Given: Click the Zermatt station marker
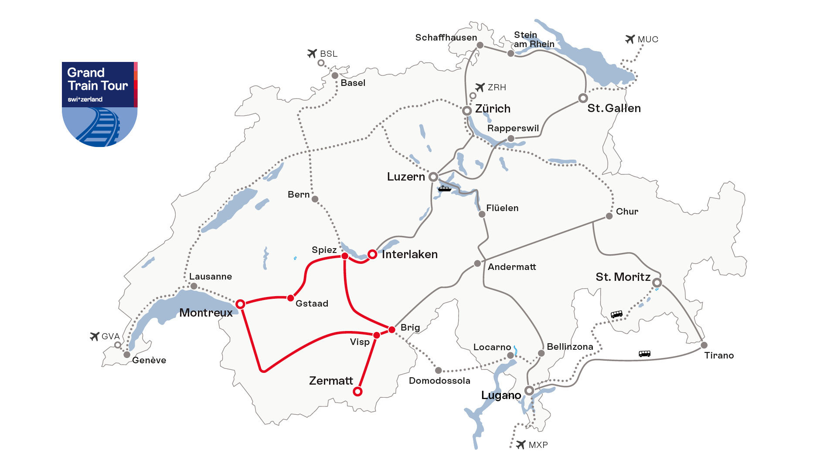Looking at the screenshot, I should [357, 391].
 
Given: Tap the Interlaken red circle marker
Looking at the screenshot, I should [372, 254].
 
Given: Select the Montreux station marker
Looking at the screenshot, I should [240, 304].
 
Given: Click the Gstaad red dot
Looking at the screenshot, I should [290, 298].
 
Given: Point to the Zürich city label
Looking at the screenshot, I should [493, 109].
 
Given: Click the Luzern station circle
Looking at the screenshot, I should [433, 177].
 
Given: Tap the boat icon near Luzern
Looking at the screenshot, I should [444, 188].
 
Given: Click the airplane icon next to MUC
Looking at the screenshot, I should [629, 39].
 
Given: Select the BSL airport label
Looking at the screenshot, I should [329, 54].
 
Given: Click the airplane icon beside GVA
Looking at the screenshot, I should [95, 336].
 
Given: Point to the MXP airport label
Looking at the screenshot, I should [538, 445].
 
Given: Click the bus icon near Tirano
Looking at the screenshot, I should [644, 354].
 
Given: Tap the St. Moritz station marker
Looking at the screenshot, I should [657, 283].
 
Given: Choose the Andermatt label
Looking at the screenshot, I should [512, 267].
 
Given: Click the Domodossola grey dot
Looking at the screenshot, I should [439, 370].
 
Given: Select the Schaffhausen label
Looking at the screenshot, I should [446, 38].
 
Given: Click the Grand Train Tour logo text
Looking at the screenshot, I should [98, 79].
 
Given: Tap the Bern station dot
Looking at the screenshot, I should [315, 199].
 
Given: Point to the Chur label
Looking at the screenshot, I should [627, 212].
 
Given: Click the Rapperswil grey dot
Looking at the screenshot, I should [511, 139].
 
